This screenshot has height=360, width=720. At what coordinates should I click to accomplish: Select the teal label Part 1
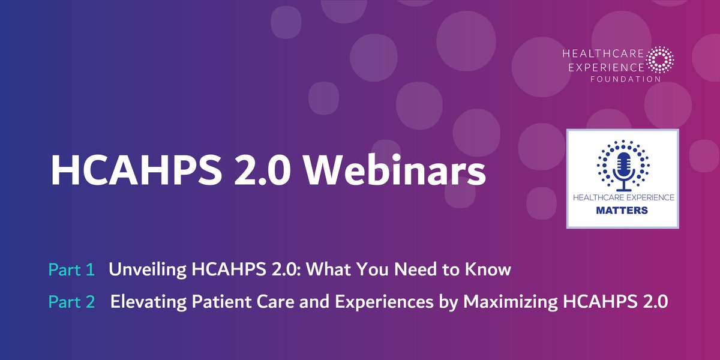coord(71,270)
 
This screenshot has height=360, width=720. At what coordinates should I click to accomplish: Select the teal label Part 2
coord(71,302)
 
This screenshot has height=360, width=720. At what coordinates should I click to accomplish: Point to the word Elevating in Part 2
coord(145,302)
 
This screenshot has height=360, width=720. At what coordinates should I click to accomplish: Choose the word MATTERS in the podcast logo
coord(623,211)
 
